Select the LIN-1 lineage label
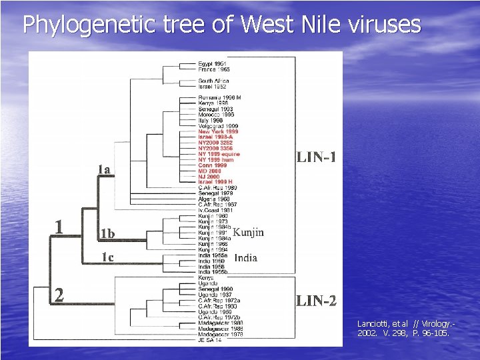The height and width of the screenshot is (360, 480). pos(317,157)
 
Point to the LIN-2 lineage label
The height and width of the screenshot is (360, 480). pos(317,301)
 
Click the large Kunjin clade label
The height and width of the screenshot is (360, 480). pos(248,233)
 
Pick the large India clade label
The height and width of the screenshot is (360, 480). pos(246,257)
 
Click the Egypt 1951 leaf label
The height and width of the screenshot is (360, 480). pos(213,63)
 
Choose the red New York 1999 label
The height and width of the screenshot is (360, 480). pos(217,132)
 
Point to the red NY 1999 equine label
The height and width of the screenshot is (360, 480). pos(219,154)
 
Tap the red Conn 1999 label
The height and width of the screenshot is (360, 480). pos(212,165)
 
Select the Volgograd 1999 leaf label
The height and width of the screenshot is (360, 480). pos(217,126)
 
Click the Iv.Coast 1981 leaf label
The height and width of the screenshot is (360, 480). pos(215,211)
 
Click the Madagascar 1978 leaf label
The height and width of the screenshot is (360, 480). pos(220,334)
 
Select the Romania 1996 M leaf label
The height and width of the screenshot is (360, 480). pos(219,97)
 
